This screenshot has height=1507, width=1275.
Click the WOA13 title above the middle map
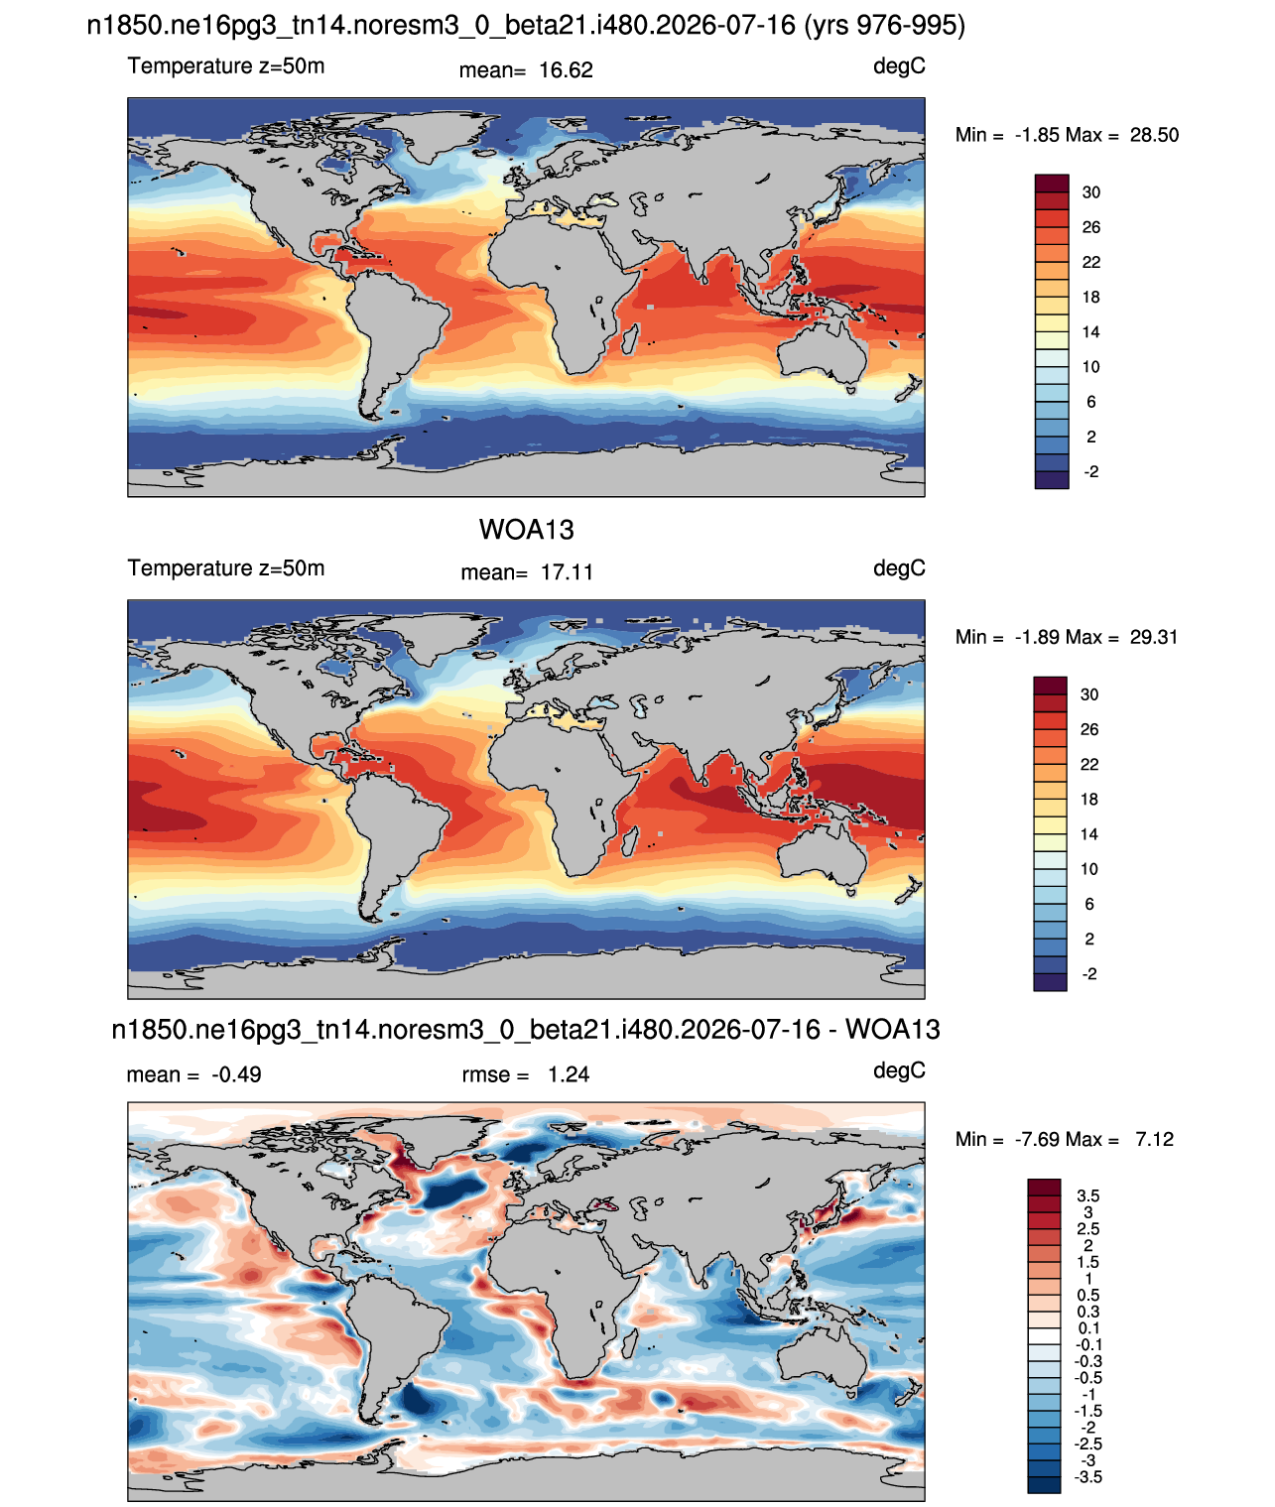(526, 530)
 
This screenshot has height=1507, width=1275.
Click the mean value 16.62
(566, 70)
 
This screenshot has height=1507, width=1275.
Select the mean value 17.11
(567, 572)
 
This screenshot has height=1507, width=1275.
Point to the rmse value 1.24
(568, 1074)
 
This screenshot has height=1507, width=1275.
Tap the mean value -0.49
(236, 1074)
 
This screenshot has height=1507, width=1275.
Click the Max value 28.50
(1154, 135)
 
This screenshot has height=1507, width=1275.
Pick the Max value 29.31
(1154, 637)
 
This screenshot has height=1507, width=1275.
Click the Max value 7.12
(1154, 1140)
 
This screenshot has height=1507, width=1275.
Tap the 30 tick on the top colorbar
(1090, 192)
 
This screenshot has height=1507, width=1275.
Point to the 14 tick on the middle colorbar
(1089, 834)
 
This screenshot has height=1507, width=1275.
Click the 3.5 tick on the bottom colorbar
(1087, 1195)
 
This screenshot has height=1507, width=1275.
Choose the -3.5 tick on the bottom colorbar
(1087, 1478)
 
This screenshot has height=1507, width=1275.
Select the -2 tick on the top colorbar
(1090, 471)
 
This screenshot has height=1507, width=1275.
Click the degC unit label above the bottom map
(899, 1071)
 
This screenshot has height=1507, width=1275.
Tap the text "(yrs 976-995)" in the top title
(884, 26)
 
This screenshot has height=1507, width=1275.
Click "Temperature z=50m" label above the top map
(226, 65)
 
